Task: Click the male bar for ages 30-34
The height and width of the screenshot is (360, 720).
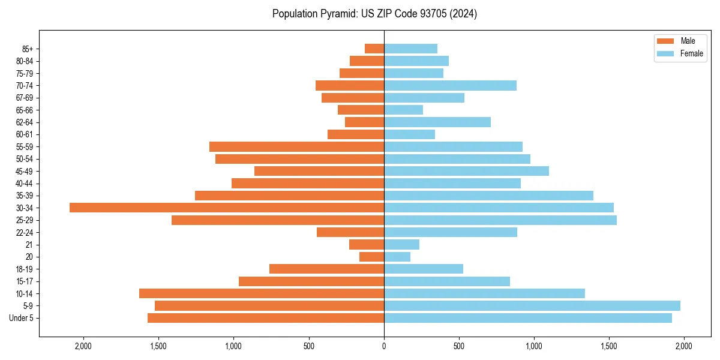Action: pyautogui.click(x=227, y=208)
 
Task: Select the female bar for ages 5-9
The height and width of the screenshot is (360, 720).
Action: pyautogui.click(x=532, y=306)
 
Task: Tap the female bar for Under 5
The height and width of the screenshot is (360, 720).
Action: pyautogui.click(x=527, y=318)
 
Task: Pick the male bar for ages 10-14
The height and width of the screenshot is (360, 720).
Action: pyautogui.click(x=262, y=293)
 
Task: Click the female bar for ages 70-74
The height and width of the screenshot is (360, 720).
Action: pyautogui.click(x=450, y=86)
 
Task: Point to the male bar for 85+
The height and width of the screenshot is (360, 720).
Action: pyautogui.click(x=374, y=49)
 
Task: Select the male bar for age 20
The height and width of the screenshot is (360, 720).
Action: pyautogui.click(x=371, y=257)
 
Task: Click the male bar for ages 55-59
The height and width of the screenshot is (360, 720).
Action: pyautogui.click(x=296, y=147)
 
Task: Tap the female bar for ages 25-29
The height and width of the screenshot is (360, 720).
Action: pyautogui.click(x=500, y=220)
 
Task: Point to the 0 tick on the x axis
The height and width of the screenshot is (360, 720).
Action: pyautogui.click(x=384, y=346)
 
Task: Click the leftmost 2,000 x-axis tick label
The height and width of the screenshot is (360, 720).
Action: pyautogui.click(x=83, y=346)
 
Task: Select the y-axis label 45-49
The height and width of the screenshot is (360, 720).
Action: pyautogui.click(x=24, y=171)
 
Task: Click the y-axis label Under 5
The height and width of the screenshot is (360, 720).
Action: pyautogui.click(x=22, y=318)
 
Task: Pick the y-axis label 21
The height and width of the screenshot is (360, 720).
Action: pyautogui.click(x=29, y=245)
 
